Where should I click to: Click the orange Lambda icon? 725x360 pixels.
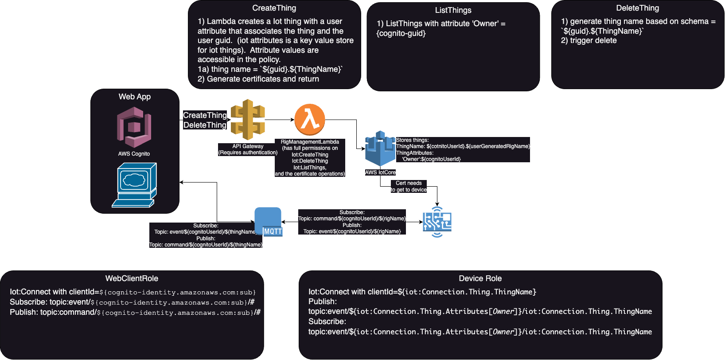[x=310, y=119]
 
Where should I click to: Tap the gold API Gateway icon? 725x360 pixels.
[x=248, y=119]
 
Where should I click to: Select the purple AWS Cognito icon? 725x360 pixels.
[x=134, y=127]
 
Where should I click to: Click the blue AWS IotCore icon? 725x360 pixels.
[x=380, y=149]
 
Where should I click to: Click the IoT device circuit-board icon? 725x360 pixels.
[x=437, y=222]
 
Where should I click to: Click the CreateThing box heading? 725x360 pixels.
[x=274, y=8]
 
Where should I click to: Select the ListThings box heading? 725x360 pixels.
[x=453, y=10]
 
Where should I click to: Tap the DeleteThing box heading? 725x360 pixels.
[x=637, y=8]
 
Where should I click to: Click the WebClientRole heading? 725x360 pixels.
[x=132, y=278]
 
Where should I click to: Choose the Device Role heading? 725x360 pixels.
[x=480, y=278]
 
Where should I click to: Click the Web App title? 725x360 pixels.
[x=134, y=97]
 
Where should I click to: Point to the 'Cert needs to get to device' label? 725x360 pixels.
[x=408, y=186]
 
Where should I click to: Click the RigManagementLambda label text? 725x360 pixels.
[x=310, y=142]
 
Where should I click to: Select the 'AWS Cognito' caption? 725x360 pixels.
[x=134, y=154]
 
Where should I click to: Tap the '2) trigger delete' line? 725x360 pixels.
[x=589, y=40]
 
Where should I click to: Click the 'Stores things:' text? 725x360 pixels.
[x=412, y=140]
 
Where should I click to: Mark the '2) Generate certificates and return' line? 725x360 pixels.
[x=258, y=79]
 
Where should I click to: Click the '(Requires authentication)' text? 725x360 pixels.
[x=248, y=153]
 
